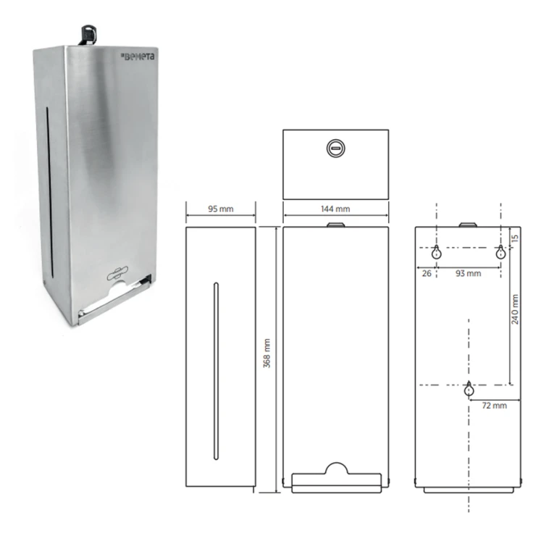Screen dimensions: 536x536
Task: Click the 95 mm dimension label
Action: tap(221, 209)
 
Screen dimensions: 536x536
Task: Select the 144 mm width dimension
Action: tap(335, 209)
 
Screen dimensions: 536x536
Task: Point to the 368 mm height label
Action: tap(267, 353)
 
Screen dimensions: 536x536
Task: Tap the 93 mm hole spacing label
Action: tap(469, 273)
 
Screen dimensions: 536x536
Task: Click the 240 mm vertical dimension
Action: tap(515, 309)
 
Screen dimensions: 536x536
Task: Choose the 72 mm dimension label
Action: tap(494, 406)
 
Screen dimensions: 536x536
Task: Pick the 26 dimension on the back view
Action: tap(427, 273)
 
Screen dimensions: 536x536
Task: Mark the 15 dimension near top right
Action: tap(515, 238)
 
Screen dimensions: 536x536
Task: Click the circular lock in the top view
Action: tap(335, 148)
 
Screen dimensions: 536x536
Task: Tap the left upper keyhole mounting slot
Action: tap(437, 252)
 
